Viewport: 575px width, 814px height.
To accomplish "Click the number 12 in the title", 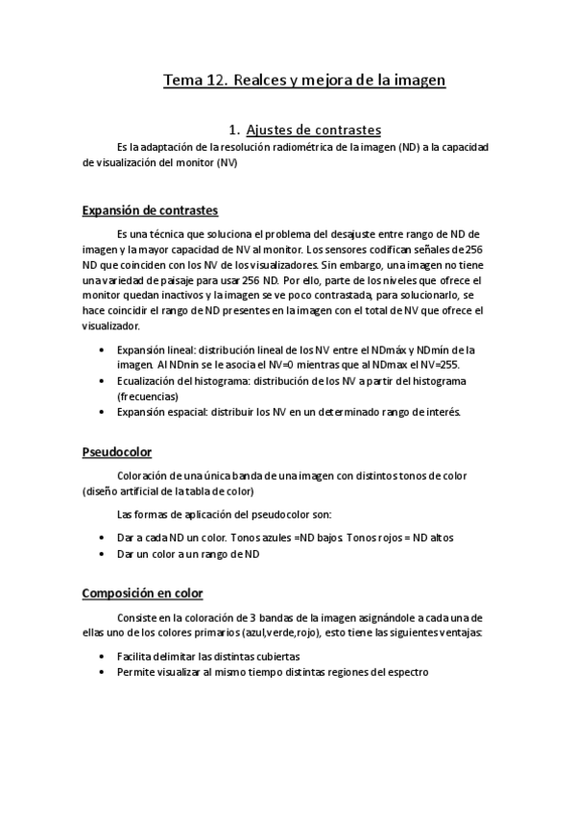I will [x=216, y=82].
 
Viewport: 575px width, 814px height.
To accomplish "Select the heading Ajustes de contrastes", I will [x=314, y=130].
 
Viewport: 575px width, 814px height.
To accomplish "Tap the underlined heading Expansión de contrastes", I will [x=150, y=210].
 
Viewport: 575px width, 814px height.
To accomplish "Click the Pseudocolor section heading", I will [x=117, y=451].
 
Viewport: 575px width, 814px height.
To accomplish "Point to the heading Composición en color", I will [x=149, y=593].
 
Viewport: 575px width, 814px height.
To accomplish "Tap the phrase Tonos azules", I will [x=252, y=539].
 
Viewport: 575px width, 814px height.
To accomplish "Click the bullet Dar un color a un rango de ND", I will [x=188, y=554].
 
